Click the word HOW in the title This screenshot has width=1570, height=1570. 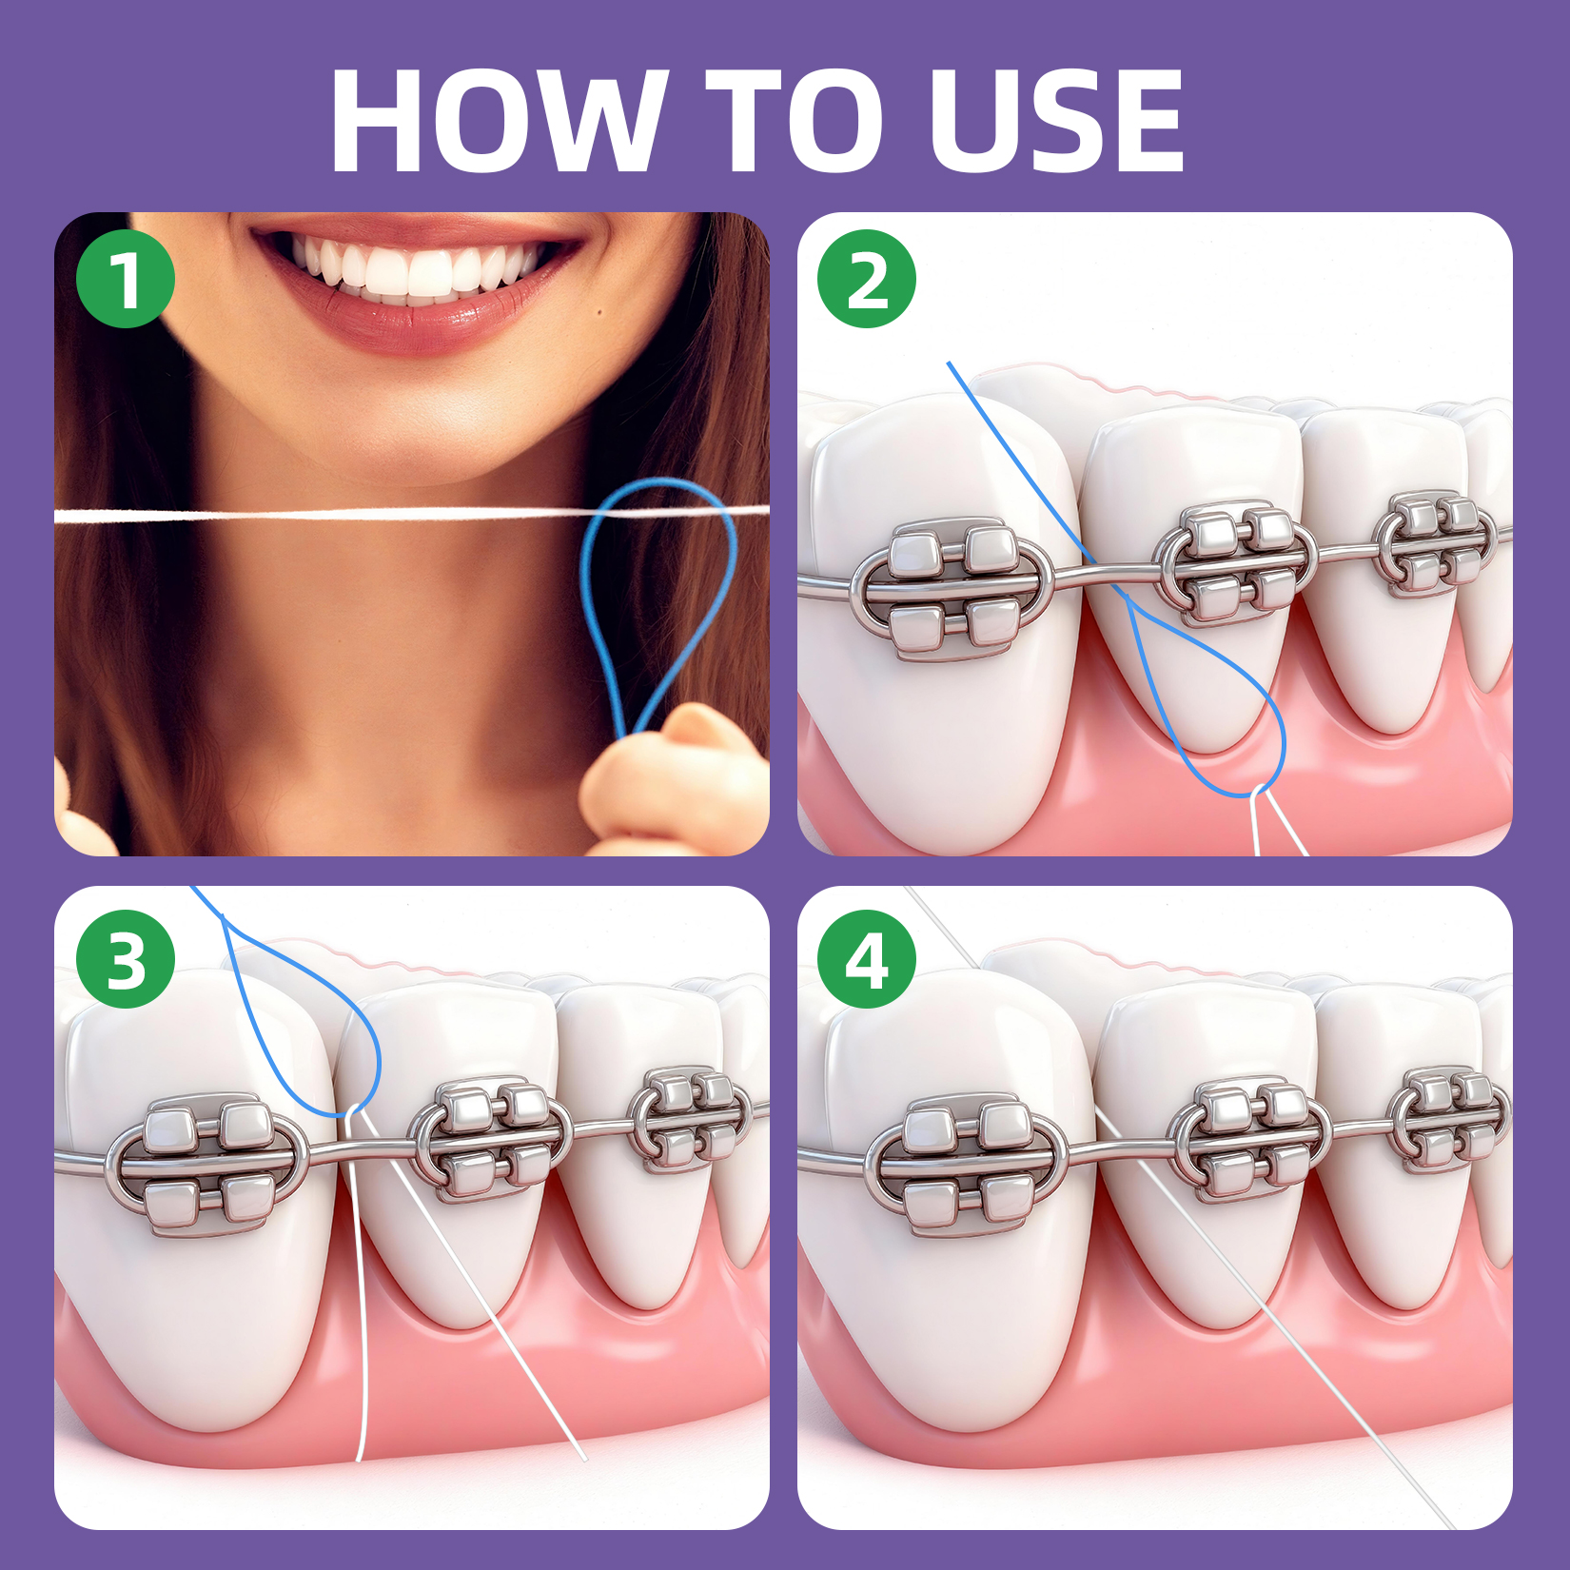(x=495, y=122)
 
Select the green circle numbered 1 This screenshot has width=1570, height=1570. (x=126, y=279)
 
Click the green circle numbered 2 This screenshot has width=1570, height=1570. (x=866, y=279)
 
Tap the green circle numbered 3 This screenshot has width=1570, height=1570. (x=126, y=958)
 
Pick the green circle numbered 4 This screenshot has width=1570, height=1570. (x=866, y=958)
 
